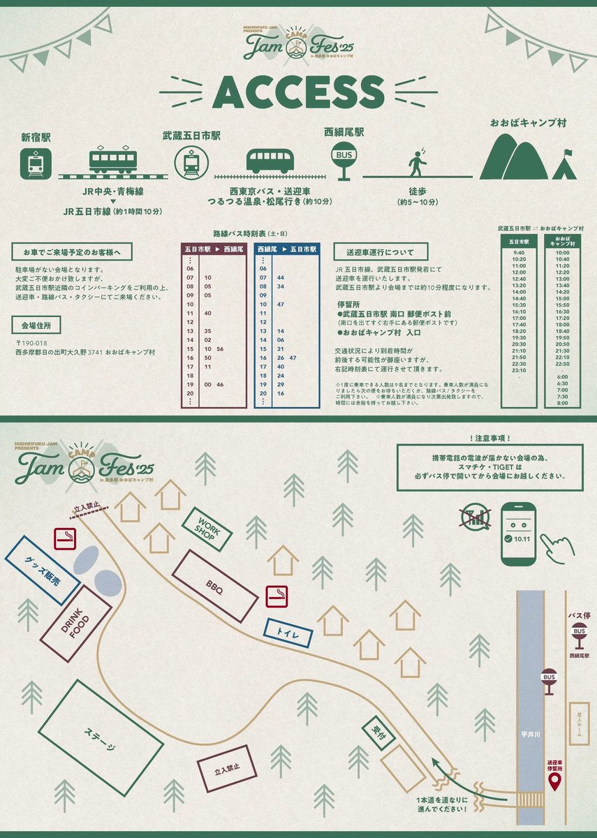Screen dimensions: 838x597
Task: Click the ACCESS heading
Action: (x=298, y=93)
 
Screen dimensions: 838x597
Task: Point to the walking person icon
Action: (x=418, y=162)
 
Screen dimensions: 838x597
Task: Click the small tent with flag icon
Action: (x=564, y=167)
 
